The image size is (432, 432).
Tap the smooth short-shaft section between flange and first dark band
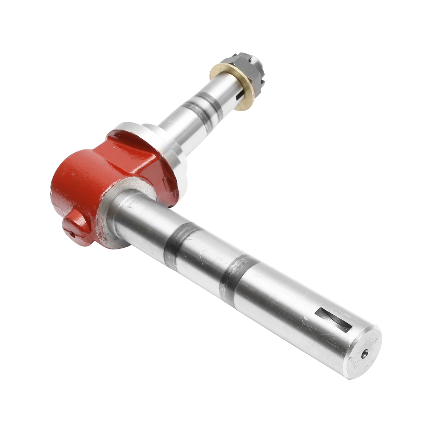click(173, 122)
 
